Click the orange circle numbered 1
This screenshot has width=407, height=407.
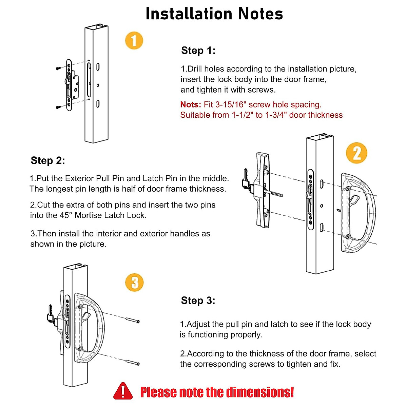pos(134,41)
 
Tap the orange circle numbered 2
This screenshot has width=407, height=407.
pos(356,153)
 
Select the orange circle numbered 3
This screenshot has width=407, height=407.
pos(134,283)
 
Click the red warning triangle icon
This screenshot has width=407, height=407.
pos(123,391)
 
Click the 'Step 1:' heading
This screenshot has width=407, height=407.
pos(198,51)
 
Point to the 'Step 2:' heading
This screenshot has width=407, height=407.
pos(47,160)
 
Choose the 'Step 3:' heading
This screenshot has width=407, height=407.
pos(198,301)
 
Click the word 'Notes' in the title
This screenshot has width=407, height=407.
pos(260,14)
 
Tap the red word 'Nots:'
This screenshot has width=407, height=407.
pos(191,104)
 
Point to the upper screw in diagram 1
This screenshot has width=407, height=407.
pos(59,69)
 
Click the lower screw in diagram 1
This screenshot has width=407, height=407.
pos(59,108)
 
